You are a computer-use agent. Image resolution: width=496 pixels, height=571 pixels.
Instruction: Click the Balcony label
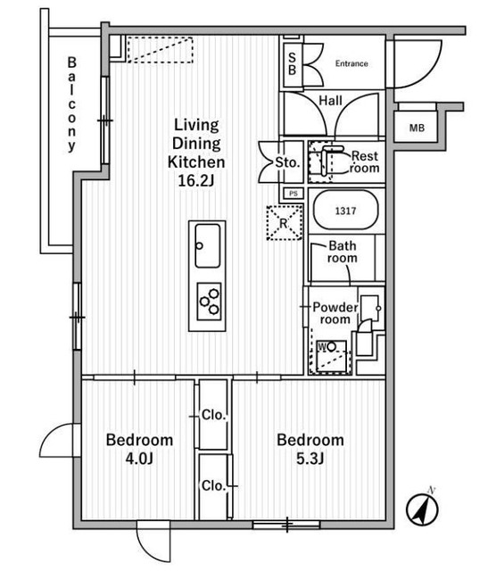point(71,104)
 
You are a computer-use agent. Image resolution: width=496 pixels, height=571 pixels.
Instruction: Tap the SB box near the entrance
point(292,63)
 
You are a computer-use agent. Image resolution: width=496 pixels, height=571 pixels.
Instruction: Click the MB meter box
point(417,128)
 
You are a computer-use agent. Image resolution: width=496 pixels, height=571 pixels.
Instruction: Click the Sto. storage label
point(285,162)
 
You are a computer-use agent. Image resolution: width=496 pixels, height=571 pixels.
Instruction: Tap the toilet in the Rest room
point(333,161)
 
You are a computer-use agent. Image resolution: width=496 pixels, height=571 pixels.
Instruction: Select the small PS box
point(293,193)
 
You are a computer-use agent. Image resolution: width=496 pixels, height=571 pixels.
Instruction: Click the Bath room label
point(343,252)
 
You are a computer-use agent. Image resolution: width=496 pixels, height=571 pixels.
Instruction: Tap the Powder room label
point(335,313)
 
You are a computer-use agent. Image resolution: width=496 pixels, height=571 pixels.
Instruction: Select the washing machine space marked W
point(329,354)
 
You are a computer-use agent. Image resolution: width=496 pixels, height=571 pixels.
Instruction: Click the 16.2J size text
point(195,181)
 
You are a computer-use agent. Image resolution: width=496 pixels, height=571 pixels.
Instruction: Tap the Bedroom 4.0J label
point(139,450)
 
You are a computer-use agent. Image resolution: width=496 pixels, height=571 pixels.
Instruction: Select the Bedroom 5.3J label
point(310,450)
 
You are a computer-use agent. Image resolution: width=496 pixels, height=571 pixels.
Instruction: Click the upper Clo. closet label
point(212,415)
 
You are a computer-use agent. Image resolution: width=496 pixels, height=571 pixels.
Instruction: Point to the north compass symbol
point(422,510)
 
